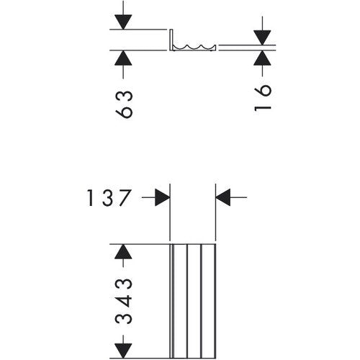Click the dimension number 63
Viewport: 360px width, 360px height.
[124, 104]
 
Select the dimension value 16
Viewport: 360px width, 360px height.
[263, 98]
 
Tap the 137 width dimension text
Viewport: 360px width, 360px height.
[109, 197]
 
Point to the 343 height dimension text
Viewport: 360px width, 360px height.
[124, 301]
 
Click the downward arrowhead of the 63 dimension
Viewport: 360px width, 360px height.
[123, 22]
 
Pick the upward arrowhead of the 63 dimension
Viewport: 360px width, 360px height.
[123, 58]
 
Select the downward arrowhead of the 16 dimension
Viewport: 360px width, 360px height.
[262, 37]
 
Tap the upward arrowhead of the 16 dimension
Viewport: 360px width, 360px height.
[262, 58]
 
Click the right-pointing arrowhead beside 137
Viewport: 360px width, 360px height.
[163, 197]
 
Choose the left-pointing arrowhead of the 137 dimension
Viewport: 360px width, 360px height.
[223, 197]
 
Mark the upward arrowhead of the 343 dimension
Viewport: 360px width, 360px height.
[123, 251]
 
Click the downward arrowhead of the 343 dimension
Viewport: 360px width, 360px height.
[123, 351]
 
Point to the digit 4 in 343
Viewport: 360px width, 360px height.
[124, 301]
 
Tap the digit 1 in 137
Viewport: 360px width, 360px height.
[90, 197]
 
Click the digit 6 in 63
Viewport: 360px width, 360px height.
[124, 112]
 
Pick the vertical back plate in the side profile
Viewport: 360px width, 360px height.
[171, 40]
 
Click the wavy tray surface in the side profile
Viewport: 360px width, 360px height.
[194, 47]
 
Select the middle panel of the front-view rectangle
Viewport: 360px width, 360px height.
[194, 301]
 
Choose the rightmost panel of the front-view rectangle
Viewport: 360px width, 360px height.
[208, 301]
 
